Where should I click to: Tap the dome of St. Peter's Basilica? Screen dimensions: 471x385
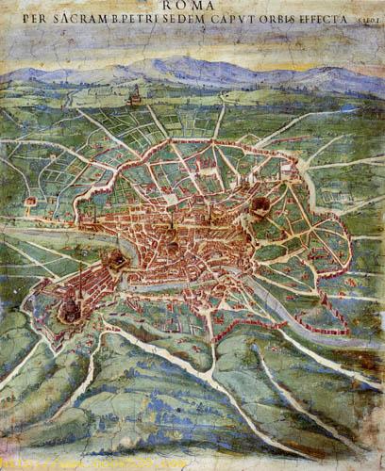(x=70, y=305)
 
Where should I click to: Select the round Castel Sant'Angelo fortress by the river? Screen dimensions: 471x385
(x=116, y=259)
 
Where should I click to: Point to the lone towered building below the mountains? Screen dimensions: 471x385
(x=135, y=95)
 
